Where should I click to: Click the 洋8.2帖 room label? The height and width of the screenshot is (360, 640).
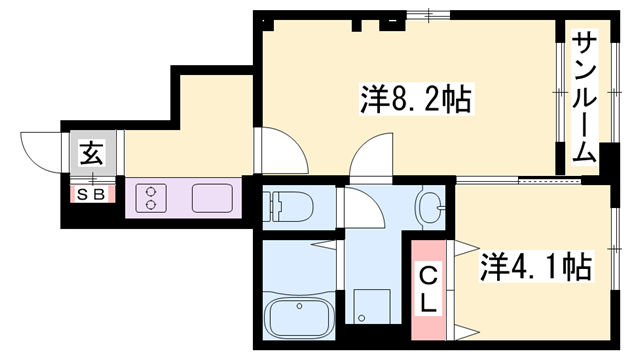(x=416, y=99)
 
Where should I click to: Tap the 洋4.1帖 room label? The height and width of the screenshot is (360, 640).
(x=535, y=267)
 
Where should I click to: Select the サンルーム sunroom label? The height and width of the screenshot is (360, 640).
(x=584, y=97)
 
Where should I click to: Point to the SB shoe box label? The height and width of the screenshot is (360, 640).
(x=91, y=195)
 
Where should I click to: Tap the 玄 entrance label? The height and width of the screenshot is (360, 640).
(x=92, y=153)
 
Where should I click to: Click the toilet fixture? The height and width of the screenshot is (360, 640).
(x=287, y=207)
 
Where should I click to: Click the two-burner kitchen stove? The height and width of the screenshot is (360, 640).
(x=151, y=198)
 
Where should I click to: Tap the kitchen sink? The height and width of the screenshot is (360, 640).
(x=212, y=198)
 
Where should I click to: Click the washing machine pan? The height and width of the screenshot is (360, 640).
(x=371, y=306)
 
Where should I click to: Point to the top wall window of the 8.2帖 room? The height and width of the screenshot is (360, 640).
(x=428, y=15)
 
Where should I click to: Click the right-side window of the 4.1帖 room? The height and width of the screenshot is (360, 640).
(x=615, y=249)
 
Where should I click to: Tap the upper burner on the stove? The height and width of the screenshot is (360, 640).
(x=151, y=191)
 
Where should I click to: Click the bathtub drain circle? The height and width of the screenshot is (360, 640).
(x=300, y=306)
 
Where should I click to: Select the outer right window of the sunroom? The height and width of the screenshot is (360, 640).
(x=615, y=93)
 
